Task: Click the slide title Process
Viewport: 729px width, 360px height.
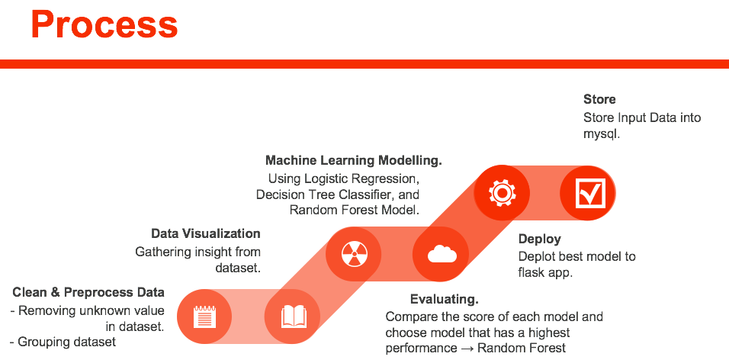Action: click(104, 24)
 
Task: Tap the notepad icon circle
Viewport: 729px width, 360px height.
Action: click(204, 316)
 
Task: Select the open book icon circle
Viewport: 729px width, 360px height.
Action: click(293, 316)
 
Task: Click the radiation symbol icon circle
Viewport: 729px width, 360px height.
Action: click(353, 253)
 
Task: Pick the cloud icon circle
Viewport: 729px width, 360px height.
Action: click(441, 254)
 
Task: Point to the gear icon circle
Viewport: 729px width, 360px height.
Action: click(501, 192)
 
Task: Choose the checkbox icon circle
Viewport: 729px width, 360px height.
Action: click(588, 192)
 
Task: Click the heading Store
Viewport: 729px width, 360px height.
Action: click(599, 99)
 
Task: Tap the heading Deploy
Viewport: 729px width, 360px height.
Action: click(539, 239)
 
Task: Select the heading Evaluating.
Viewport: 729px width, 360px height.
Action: click(444, 298)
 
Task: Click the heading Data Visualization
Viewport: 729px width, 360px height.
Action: click(206, 233)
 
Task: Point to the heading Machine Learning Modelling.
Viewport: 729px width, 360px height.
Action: click(354, 161)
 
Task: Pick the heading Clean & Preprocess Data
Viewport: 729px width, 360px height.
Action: click(88, 292)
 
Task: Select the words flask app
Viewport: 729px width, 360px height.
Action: click(546, 272)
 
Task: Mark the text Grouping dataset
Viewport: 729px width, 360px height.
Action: click(67, 342)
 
